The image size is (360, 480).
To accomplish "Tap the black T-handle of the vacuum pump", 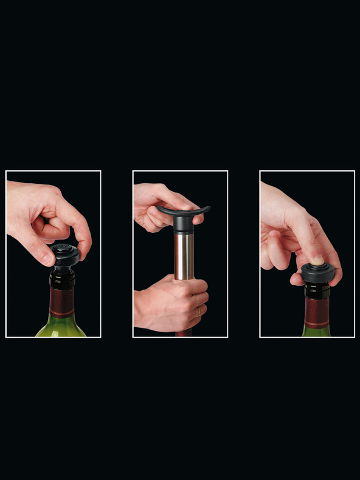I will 183,212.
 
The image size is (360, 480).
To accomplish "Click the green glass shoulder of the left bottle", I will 61,328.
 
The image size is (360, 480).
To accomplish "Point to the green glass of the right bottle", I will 316,331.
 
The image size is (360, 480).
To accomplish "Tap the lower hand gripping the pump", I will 170,301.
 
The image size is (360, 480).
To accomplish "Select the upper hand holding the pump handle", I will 155,204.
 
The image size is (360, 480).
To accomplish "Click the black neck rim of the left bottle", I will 62,277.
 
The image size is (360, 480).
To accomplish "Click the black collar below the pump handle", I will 183,225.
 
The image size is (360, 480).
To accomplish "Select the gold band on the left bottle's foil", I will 61,315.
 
